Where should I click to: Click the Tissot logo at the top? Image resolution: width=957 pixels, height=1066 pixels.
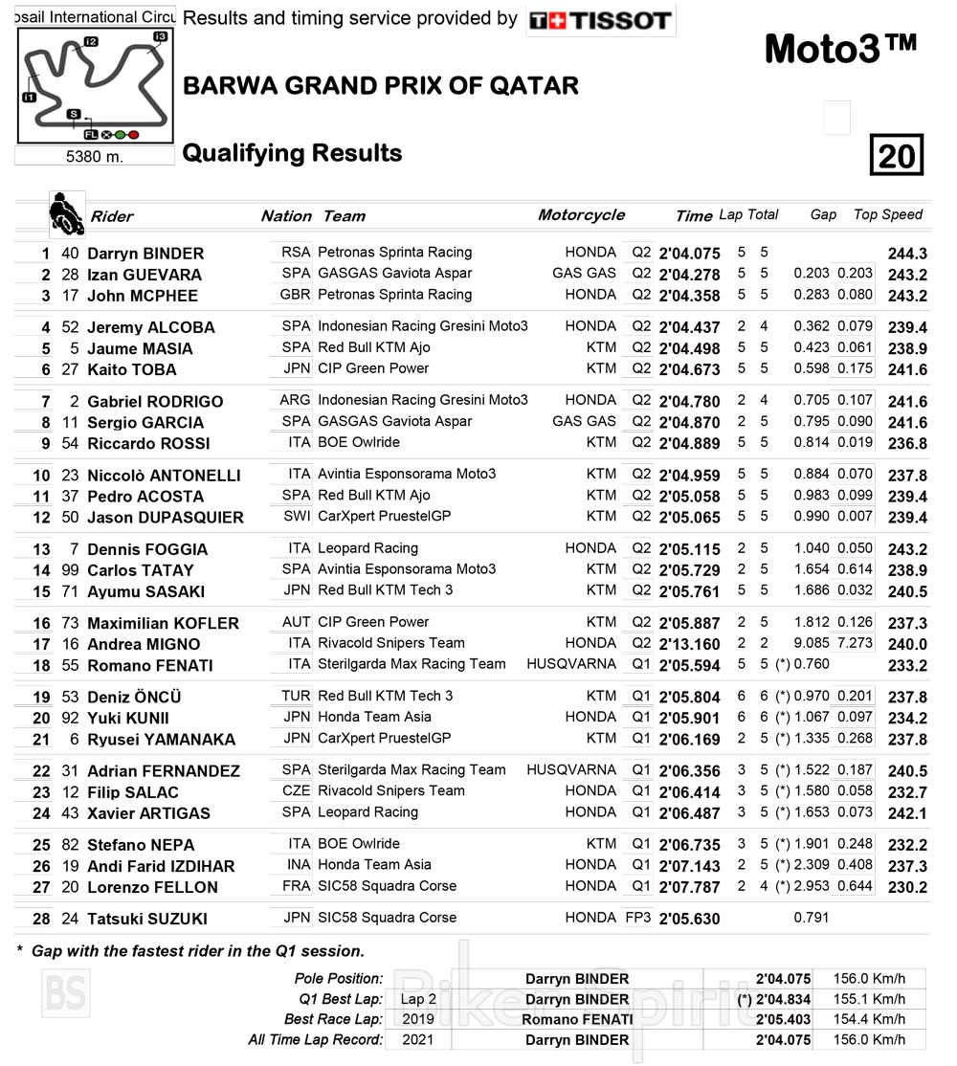[x=600, y=20]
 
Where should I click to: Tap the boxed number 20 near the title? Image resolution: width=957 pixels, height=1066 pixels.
[x=896, y=155]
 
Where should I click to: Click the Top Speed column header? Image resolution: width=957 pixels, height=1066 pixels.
[x=887, y=214]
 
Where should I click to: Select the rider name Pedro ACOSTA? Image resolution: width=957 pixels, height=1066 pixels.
[x=145, y=496]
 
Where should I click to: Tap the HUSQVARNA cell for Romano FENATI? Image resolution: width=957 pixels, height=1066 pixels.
[x=571, y=664]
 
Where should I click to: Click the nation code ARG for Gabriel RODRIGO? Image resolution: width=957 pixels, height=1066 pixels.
[x=295, y=400]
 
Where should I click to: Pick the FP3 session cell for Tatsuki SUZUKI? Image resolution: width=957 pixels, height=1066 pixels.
[x=637, y=917]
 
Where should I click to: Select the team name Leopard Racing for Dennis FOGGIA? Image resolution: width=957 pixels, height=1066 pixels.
[x=367, y=548]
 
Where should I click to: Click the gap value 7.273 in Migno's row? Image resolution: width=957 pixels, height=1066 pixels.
[x=853, y=643]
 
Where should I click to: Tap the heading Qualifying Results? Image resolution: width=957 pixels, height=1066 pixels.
[x=292, y=153]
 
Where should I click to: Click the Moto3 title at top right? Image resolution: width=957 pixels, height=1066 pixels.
[x=840, y=50]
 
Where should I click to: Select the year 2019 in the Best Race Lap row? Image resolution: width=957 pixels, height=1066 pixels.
[x=418, y=1019]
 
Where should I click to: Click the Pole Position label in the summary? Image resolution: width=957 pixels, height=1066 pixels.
[x=341, y=979]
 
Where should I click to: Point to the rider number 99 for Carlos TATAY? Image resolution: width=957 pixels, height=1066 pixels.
[x=69, y=570]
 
